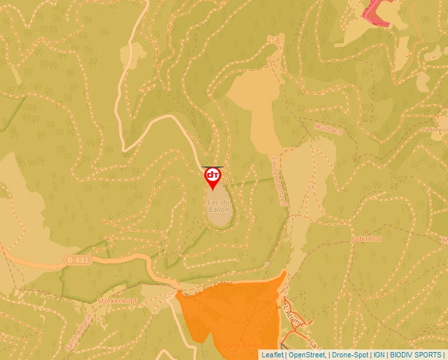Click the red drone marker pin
[213, 176]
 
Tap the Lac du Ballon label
[218, 205]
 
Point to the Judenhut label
[367, 238]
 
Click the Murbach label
[328, 128]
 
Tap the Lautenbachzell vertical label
[279, 182]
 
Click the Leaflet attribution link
[272, 355]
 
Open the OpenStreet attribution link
[307, 355]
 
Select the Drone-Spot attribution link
[350, 355]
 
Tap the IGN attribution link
[379, 355]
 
